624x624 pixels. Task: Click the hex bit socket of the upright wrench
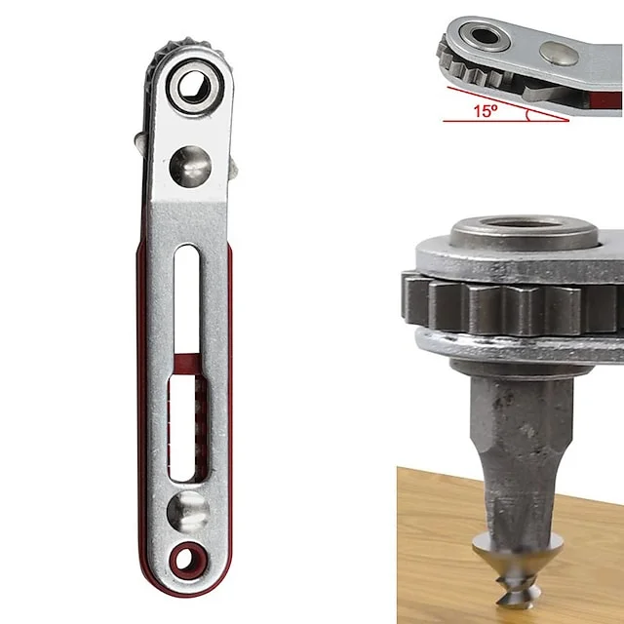click(x=194, y=87)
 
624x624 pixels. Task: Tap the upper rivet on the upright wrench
click(x=190, y=167)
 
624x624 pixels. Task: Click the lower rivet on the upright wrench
click(x=188, y=511)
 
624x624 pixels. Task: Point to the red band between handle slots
click(x=188, y=364)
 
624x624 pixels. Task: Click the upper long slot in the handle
click(x=186, y=298)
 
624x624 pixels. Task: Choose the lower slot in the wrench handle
click(x=187, y=428)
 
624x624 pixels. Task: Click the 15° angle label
click(x=486, y=111)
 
